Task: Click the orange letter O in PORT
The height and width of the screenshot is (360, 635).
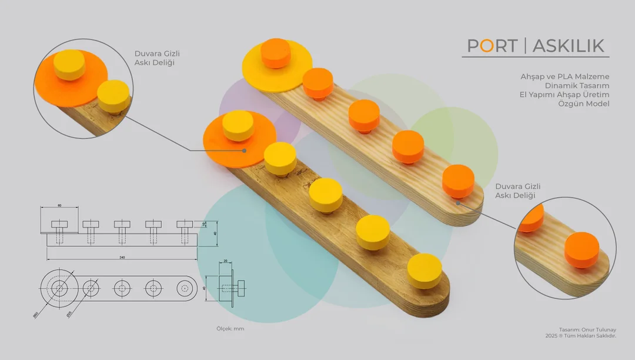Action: [x=487, y=46]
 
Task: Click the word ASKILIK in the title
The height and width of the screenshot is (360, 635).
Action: [x=569, y=46]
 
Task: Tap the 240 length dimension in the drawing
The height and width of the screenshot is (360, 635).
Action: [x=122, y=257]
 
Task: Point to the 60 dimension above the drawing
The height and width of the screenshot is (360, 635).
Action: [x=59, y=206]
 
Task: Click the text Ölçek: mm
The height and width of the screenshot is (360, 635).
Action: [x=230, y=329]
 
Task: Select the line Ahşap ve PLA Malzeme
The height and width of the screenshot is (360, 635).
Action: [x=564, y=76]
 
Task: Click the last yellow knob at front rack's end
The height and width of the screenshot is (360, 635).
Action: [x=424, y=271]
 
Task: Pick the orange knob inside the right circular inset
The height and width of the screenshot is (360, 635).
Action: [x=581, y=249]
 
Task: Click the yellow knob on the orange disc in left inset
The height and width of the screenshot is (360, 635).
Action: [x=69, y=64]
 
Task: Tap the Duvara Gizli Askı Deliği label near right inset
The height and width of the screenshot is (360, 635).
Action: [x=517, y=191]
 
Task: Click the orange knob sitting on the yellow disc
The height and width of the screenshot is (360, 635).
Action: [x=275, y=53]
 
